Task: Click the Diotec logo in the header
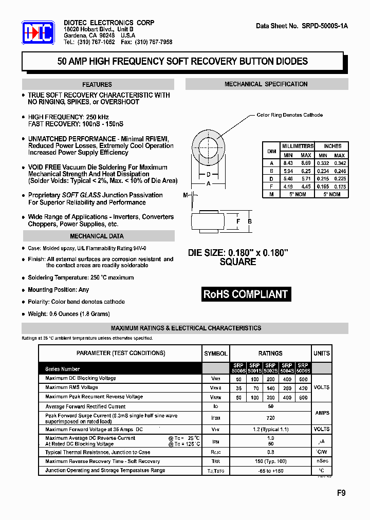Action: click(x=38, y=34)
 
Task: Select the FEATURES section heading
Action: click(x=97, y=84)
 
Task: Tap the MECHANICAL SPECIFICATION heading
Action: click(x=266, y=84)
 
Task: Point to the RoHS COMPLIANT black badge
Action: click(x=246, y=294)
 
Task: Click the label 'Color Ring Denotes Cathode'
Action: click(x=289, y=115)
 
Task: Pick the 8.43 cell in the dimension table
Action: click(x=288, y=163)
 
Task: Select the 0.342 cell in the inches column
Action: click(x=339, y=163)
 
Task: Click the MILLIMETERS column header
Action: click(x=297, y=146)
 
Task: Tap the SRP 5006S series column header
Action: click(x=303, y=368)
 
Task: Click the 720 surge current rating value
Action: click(x=270, y=418)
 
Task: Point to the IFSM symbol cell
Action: click(x=216, y=418)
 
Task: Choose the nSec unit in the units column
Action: click(x=322, y=461)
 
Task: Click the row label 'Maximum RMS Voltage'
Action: click(x=71, y=387)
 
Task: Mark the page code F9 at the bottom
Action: click(x=341, y=492)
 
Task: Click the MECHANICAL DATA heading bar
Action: click(x=97, y=236)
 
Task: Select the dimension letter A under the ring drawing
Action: click(x=208, y=183)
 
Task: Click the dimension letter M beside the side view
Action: click(x=185, y=195)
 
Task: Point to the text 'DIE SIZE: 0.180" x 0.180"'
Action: click(x=238, y=253)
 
